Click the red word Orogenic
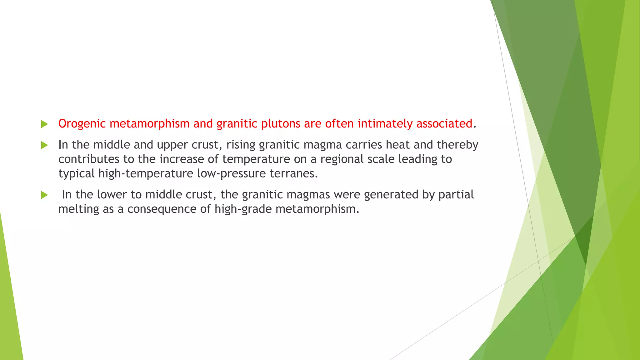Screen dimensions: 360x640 click(x=82, y=124)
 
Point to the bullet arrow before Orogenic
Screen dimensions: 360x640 click(x=44, y=124)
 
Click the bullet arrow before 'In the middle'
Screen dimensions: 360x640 click(x=44, y=145)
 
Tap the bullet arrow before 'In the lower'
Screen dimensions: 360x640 click(x=44, y=195)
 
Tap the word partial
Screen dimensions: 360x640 click(x=456, y=195)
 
